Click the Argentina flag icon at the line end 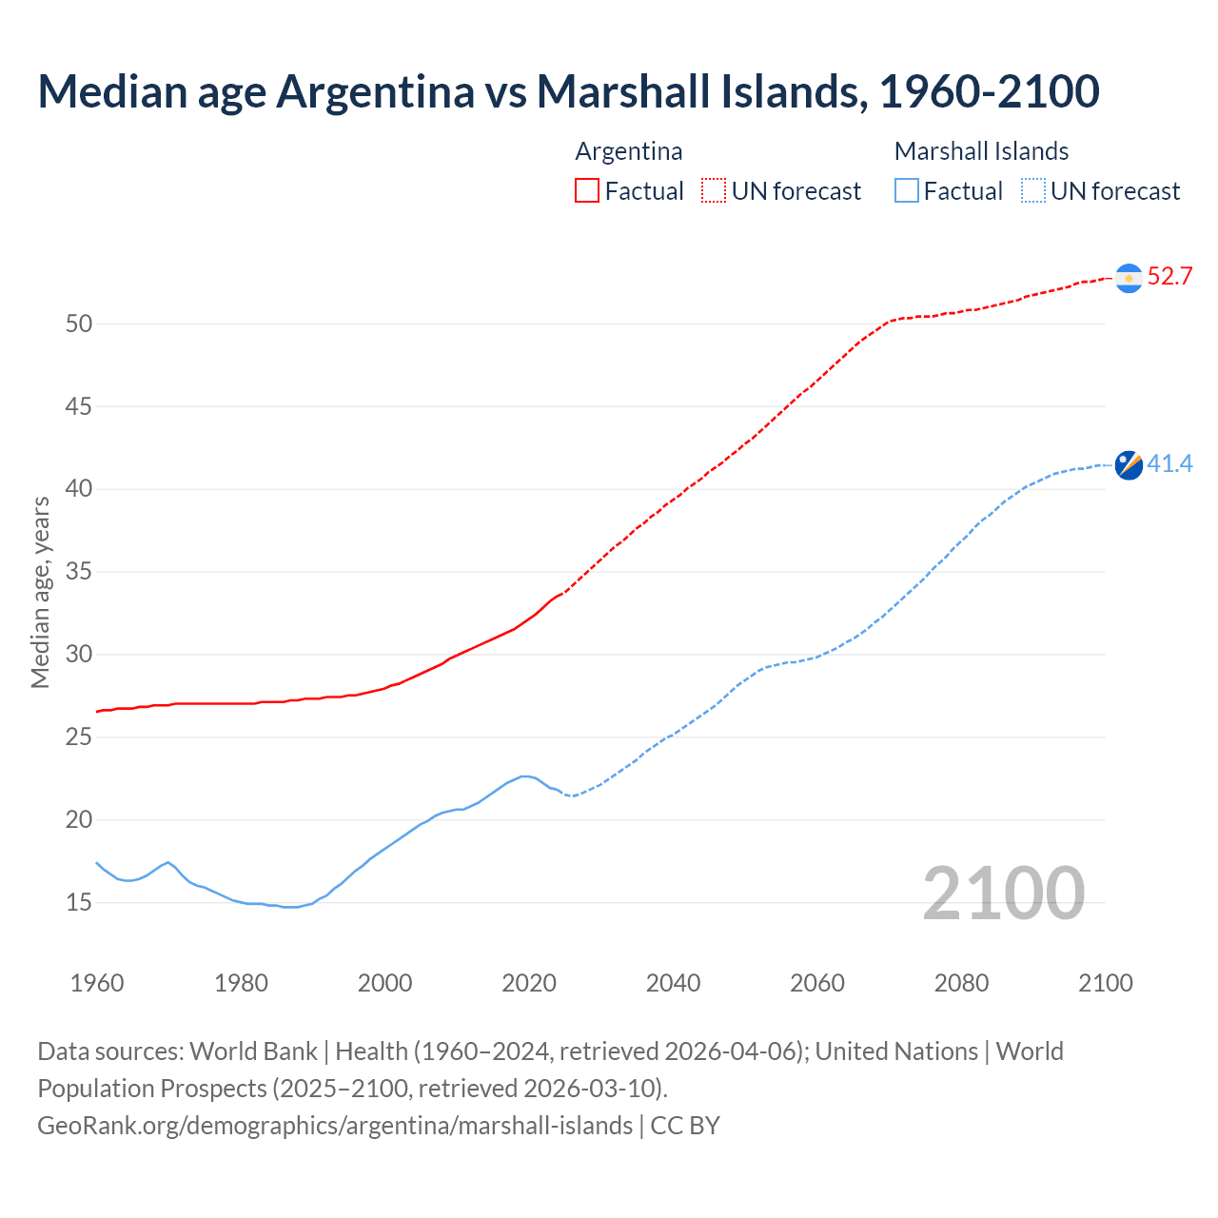[x=1129, y=277]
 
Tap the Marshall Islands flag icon [x=1129, y=464]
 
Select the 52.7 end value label [x=1169, y=277]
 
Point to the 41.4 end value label [x=1169, y=464]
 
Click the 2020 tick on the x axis [x=529, y=983]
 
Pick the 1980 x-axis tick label [x=241, y=983]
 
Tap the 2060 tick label [x=817, y=983]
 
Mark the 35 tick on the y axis [x=79, y=572]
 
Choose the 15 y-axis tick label [x=79, y=902]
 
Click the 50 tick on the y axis [x=79, y=324]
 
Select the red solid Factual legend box [x=587, y=191]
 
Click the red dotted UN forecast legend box [x=714, y=191]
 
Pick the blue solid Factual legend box [x=907, y=191]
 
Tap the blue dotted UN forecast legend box [x=1033, y=191]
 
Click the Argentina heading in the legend [x=629, y=151]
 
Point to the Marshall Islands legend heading [x=981, y=151]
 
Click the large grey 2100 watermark [x=1003, y=894]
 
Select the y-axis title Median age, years [x=41, y=592]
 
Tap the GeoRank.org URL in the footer [x=335, y=1126]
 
